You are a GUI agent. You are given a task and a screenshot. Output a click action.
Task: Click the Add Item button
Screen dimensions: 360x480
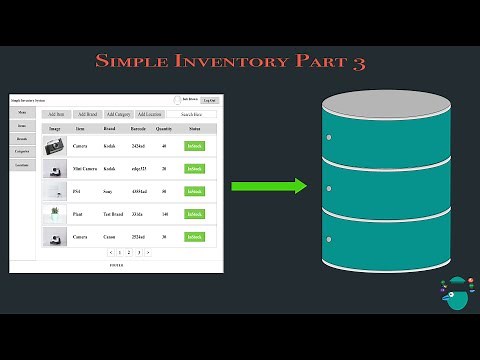[56, 115]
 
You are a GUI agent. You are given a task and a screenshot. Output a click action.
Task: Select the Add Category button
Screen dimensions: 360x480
[118, 115]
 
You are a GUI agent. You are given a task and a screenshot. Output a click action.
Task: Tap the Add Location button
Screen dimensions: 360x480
[149, 115]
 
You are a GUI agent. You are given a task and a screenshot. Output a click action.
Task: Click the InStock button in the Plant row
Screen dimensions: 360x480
[194, 214]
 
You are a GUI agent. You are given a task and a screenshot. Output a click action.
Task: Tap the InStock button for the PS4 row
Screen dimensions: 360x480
[194, 191]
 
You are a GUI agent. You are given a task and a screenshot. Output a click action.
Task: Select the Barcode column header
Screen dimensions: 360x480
[138, 130]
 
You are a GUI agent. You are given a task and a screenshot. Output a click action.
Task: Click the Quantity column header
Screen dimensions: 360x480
[164, 130]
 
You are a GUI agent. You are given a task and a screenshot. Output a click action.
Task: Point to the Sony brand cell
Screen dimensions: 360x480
[107, 191]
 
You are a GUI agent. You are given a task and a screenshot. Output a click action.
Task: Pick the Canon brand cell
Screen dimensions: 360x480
[109, 237]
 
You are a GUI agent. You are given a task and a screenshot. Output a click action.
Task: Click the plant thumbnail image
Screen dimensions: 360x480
[54, 214]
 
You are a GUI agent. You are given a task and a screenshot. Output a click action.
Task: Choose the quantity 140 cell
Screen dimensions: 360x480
[164, 214]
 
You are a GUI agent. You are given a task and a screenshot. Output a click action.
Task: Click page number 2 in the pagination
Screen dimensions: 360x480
[129, 253]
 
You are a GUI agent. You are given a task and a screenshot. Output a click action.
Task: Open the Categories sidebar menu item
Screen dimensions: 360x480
[22, 151]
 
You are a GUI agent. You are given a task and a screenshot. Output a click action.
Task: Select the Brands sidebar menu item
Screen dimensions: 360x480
[22, 138]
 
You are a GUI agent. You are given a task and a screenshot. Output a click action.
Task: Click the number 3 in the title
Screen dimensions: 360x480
[358, 63]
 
